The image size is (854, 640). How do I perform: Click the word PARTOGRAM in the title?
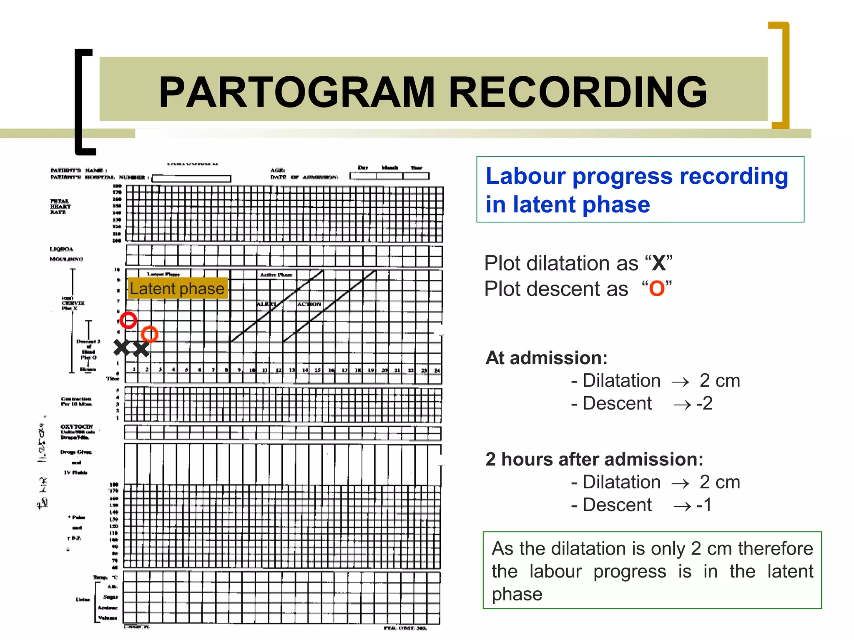click(x=297, y=92)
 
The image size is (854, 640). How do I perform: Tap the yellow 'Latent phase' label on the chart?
click(x=177, y=288)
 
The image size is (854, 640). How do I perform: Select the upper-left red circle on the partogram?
click(x=128, y=320)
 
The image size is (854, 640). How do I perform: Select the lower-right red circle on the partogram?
click(x=149, y=334)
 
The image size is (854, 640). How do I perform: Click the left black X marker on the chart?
click(x=122, y=347)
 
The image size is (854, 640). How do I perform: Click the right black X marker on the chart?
click(x=141, y=349)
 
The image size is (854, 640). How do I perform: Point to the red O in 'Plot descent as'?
click(x=657, y=289)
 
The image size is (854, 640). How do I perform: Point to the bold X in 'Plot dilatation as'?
click(x=659, y=263)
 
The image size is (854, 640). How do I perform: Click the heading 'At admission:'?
click(x=546, y=358)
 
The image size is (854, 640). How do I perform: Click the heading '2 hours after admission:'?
click(x=594, y=459)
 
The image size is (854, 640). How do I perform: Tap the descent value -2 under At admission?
click(x=705, y=403)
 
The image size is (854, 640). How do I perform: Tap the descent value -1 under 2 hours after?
click(x=704, y=505)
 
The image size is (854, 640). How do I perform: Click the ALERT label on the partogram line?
click(x=266, y=304)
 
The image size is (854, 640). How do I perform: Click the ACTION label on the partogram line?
click(x=309, y=304)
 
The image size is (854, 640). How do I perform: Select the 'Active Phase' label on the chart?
click(x=276, y=275)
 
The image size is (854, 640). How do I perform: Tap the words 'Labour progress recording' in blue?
click(x=637, y=176)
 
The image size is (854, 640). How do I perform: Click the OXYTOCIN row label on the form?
click(x=77, y=427)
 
